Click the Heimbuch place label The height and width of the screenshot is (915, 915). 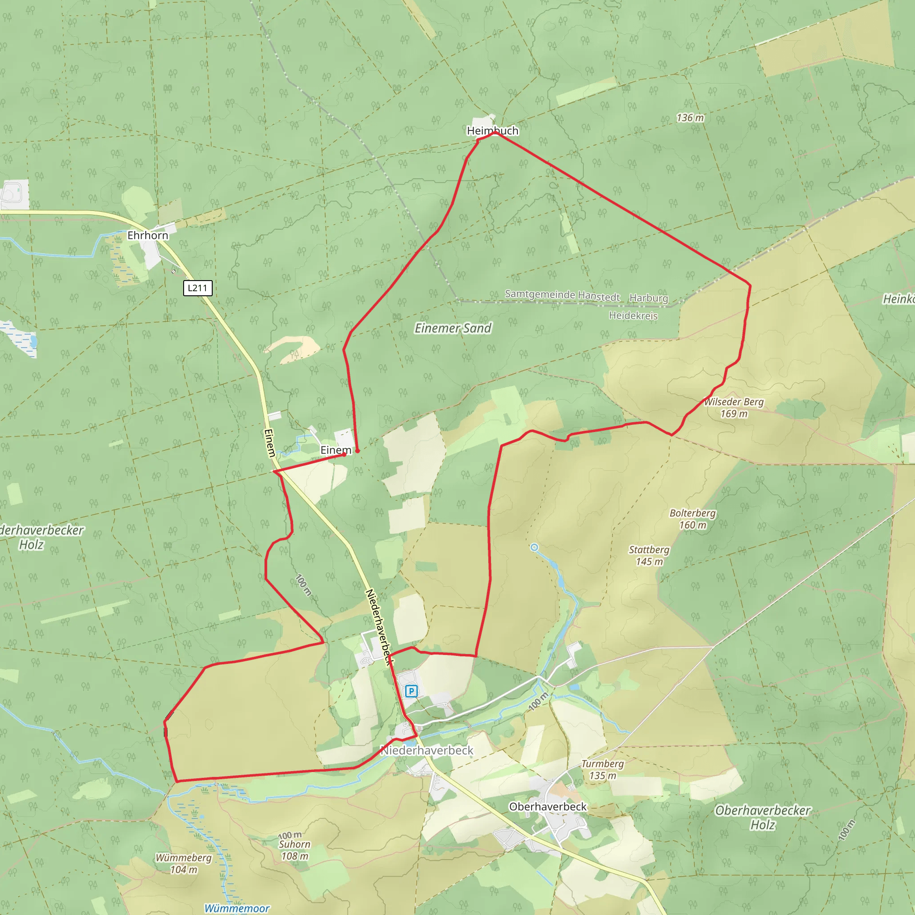pos(492,131)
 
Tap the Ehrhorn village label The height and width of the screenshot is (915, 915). pos(148,235)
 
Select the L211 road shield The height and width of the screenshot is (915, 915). pos(197,288)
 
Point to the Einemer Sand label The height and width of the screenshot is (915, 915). pos(453,328)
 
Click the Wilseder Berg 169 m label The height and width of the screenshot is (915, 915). pos(734,408)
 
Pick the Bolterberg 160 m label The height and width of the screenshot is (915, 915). pos(693,519)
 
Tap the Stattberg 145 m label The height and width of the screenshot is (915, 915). pos(649,555)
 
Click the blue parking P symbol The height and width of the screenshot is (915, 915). pos(411,692)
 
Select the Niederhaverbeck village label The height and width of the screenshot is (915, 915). pos(427,751)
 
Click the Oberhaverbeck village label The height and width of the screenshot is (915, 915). pos(547,806)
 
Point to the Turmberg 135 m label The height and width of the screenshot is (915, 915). pos(602,770)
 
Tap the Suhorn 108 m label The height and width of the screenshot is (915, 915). pos(294,850)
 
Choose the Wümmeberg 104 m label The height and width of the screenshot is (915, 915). pos(184,863)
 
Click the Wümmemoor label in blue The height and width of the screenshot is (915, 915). pos(237,908)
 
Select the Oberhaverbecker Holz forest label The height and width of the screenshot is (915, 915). pos(763,818)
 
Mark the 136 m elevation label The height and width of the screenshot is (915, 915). pos(690,118)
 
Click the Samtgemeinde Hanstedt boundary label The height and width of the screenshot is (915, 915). pos(562,295)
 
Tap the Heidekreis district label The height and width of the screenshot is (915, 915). pos(633,315)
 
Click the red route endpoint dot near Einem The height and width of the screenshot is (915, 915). pos(357,451)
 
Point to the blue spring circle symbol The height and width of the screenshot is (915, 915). pos(534,547)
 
